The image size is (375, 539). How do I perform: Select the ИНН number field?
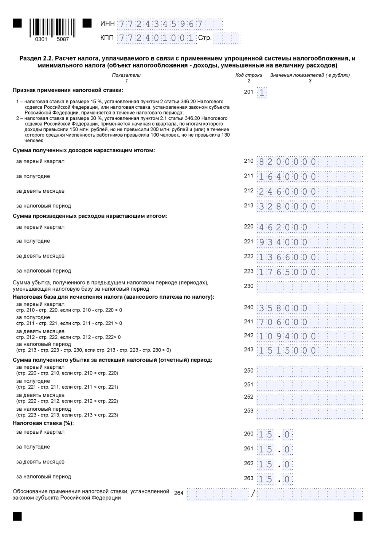click(170, 24)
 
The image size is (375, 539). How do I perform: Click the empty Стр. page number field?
click(227, 38)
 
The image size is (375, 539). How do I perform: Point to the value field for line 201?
click(262, 92)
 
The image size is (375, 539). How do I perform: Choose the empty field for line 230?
click(309, 286)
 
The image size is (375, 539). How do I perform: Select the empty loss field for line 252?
click(309, 397)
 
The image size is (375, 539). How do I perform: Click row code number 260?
click(248, 434)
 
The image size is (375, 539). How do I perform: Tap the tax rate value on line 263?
click(275, 479)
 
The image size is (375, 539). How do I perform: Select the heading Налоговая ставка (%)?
click(43, 423)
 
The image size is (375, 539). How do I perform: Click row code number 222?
click(248, 256)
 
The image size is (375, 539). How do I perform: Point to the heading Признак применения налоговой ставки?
click(68, 90)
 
